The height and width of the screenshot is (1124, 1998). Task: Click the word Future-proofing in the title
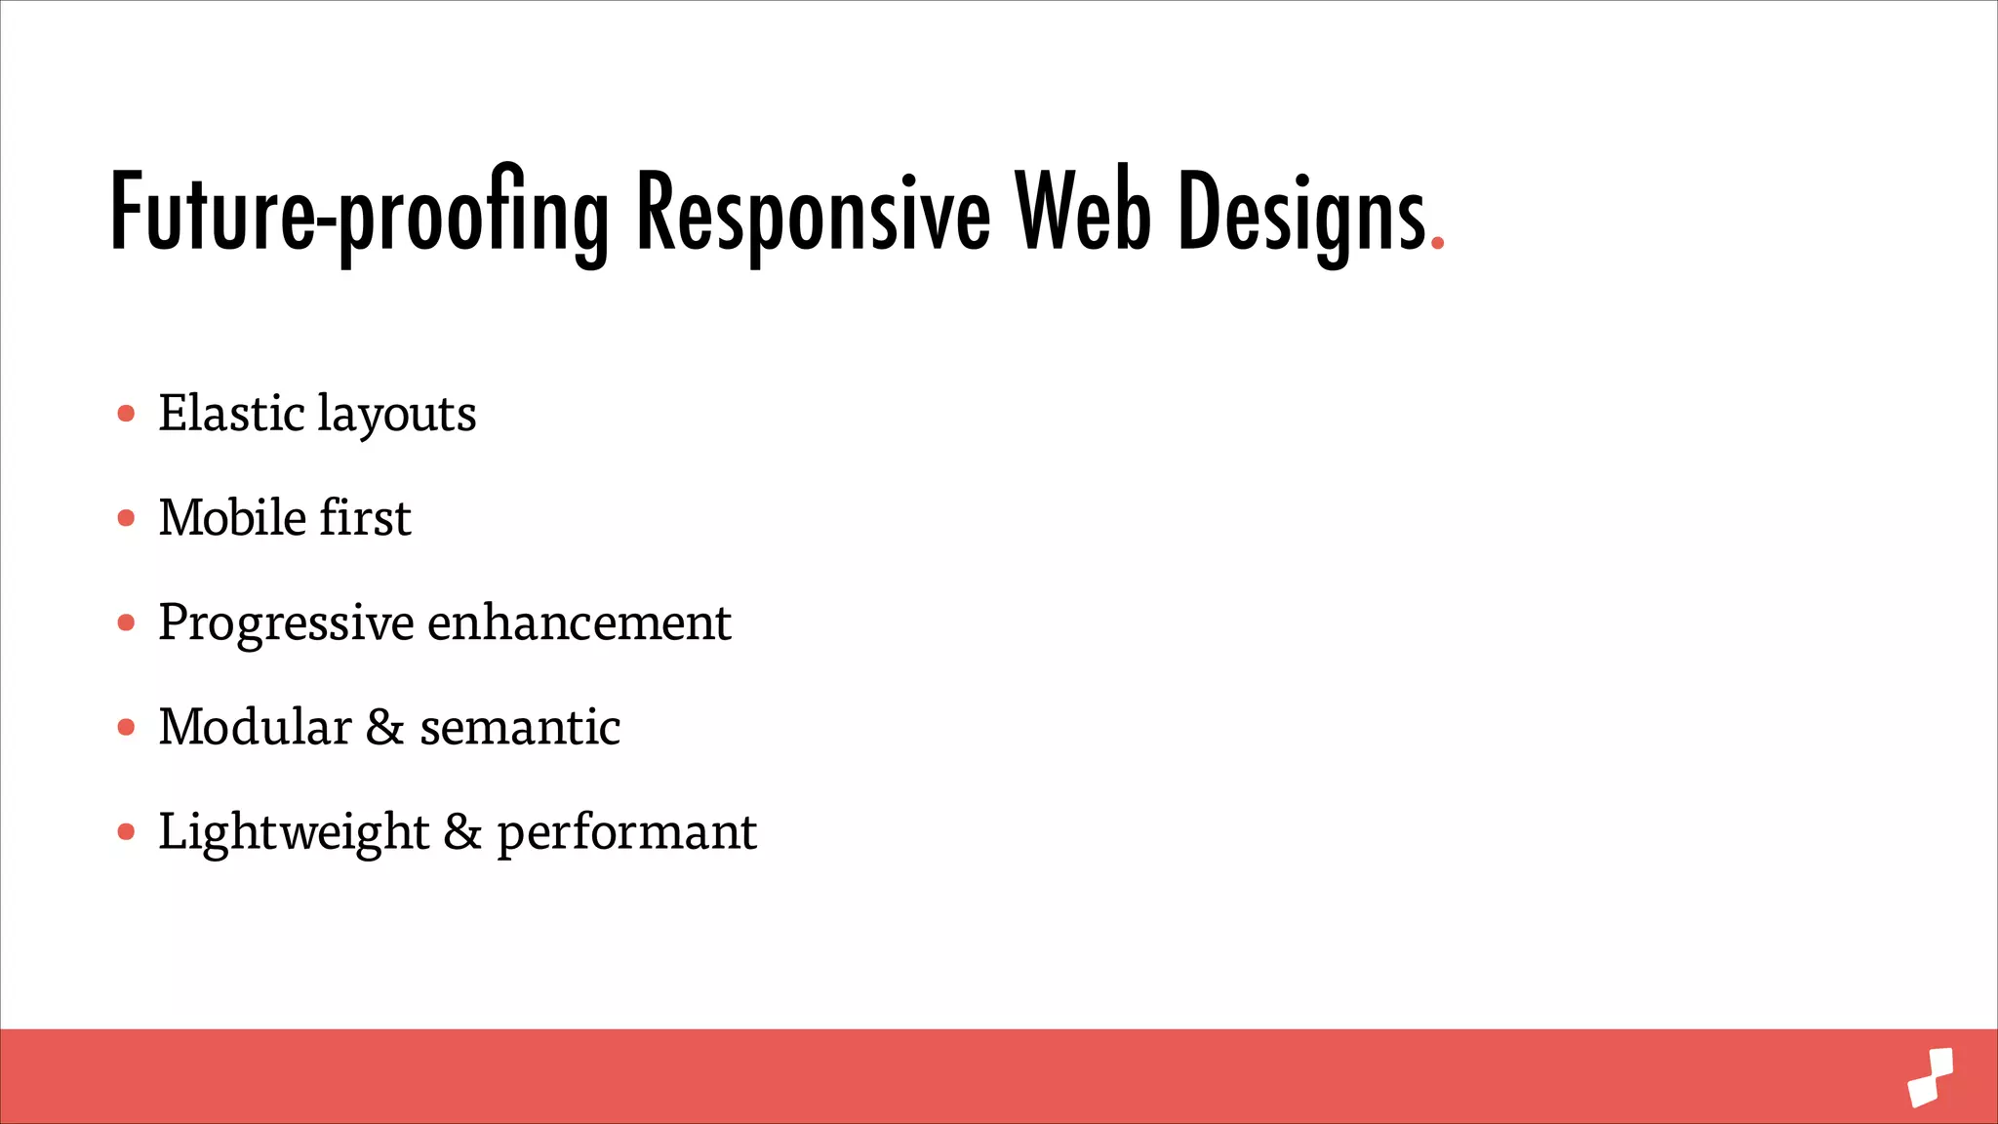[359, 213]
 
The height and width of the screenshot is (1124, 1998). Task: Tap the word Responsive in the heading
[813, 213]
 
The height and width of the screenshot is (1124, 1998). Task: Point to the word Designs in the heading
[1302, 213]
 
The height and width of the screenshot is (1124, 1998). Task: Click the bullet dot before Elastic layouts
[126, 414]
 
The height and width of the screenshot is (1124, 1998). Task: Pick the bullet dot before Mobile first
[126, 518]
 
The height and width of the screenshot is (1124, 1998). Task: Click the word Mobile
[232, 517]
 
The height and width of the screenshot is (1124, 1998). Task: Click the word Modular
[255, 727]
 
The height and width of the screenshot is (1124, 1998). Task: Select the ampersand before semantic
[385, 728]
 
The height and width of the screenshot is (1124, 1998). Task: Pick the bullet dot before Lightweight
[126, 832]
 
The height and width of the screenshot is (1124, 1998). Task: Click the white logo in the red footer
[1931, 1077]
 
